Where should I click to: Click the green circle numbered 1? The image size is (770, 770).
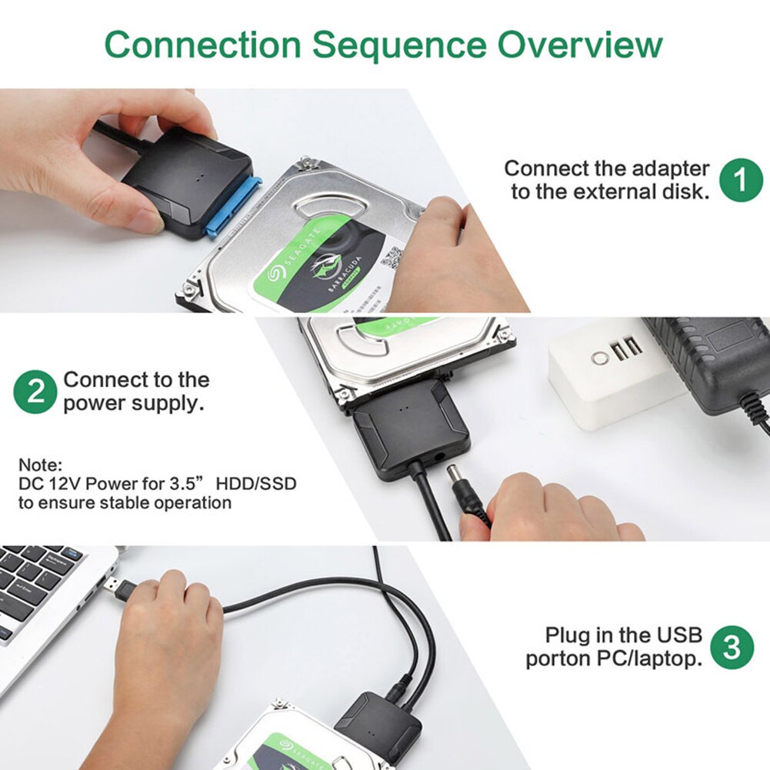click(x=741, y=180)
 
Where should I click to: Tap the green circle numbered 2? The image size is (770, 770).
click(x=35, y=392)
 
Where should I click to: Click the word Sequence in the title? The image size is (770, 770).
click(x=399, y=45)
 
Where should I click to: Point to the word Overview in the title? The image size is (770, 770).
click(x=579, y=45)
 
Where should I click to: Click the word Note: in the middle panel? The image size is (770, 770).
click(x=40, y=465)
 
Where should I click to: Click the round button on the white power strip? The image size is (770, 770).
click(x=598, y=358)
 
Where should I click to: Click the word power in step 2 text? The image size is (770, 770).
click(x=92, y=402)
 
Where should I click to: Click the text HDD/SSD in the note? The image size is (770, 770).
click(x=256, y=484)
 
